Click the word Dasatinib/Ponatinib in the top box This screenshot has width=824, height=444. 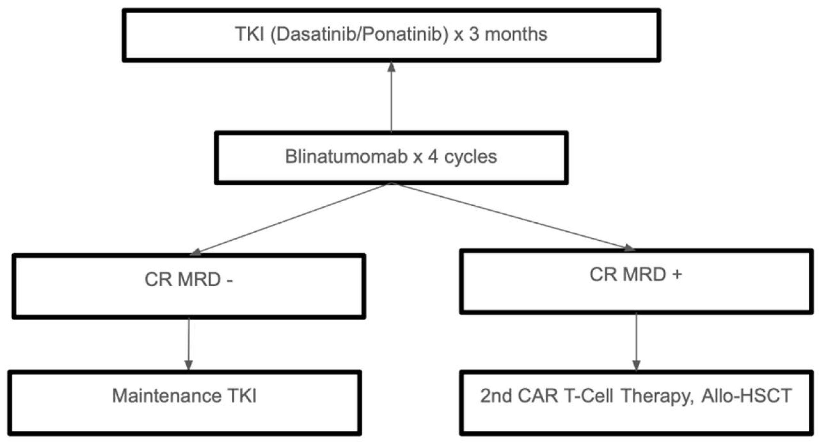coord(359,34)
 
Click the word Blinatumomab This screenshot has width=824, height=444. coord(346,157)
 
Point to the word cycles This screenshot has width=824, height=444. coord(471,157)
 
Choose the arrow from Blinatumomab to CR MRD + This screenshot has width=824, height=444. coord(510,216)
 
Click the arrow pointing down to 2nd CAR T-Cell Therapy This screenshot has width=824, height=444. coord(636,342)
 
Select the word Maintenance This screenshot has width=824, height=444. coord(167,396)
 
